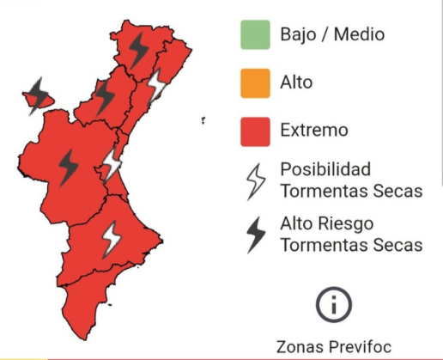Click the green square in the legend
(254, 35)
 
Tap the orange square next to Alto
(254, 83)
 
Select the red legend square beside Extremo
(254, 131)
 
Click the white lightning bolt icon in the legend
(255, 180)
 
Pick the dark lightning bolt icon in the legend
(255, 234)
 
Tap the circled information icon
(334, 303)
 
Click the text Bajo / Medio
(331, 35)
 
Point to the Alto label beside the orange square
(296, 83)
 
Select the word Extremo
(313, 131)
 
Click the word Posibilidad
(325, 169)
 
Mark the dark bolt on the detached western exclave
(38, 94)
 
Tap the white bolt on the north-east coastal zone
(157, 86)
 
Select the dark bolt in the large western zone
(68, 165)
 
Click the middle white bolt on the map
(113, 162)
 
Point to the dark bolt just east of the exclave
(105, 96)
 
